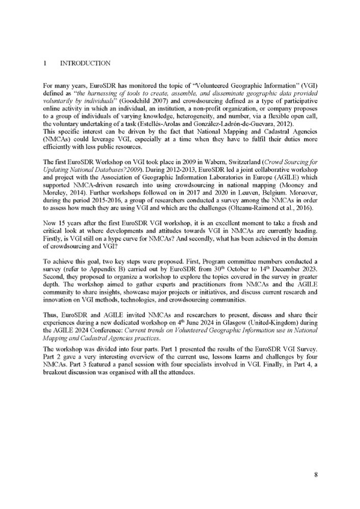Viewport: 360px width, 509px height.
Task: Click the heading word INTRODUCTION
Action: tap(85, 63)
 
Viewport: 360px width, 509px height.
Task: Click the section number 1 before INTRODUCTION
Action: tap(45, 63)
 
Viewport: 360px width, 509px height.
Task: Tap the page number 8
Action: tap(316, 475)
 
